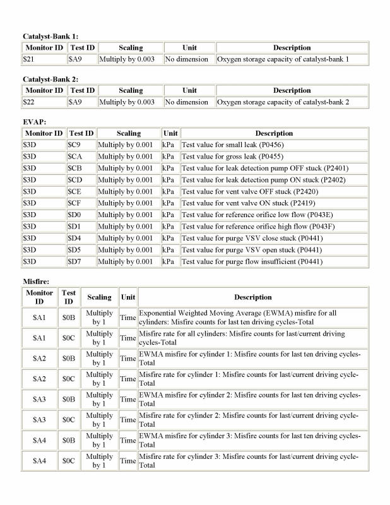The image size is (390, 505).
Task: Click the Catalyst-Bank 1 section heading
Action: click(50, 37)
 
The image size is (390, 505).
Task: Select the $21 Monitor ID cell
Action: click(44, 59)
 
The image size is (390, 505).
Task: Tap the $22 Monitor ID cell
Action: click(44, 102)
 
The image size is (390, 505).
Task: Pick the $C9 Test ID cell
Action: click(81, 145)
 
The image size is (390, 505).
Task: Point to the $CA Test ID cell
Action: click(81, 157)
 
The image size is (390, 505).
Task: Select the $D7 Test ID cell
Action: click(81, 261)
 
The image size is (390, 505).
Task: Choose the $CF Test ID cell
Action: click(81, 203)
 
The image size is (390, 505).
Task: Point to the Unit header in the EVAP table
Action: click(170, 134)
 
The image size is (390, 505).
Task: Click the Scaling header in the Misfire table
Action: click(100, 297)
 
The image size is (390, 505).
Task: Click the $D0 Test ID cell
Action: click(81, 215)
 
